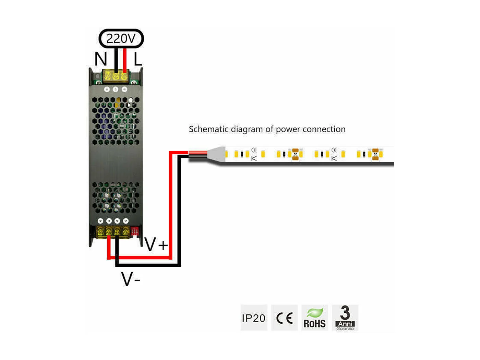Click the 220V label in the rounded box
coord(121,38)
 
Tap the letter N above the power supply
coord(101,59)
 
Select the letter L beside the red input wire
coord(137,59)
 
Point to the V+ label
coord(156,244)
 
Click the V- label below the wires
coord(131,279)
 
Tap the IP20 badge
coord(254,318)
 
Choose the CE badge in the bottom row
coord(284,318)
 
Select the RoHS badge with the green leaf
coord(314,318)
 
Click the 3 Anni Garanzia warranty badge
coord(345,318)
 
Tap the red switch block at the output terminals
coord(134,231)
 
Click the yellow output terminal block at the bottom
coord(113,232)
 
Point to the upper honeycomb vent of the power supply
coord(116,120)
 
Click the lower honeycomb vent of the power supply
coord(116,198)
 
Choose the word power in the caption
coord(288,130)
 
